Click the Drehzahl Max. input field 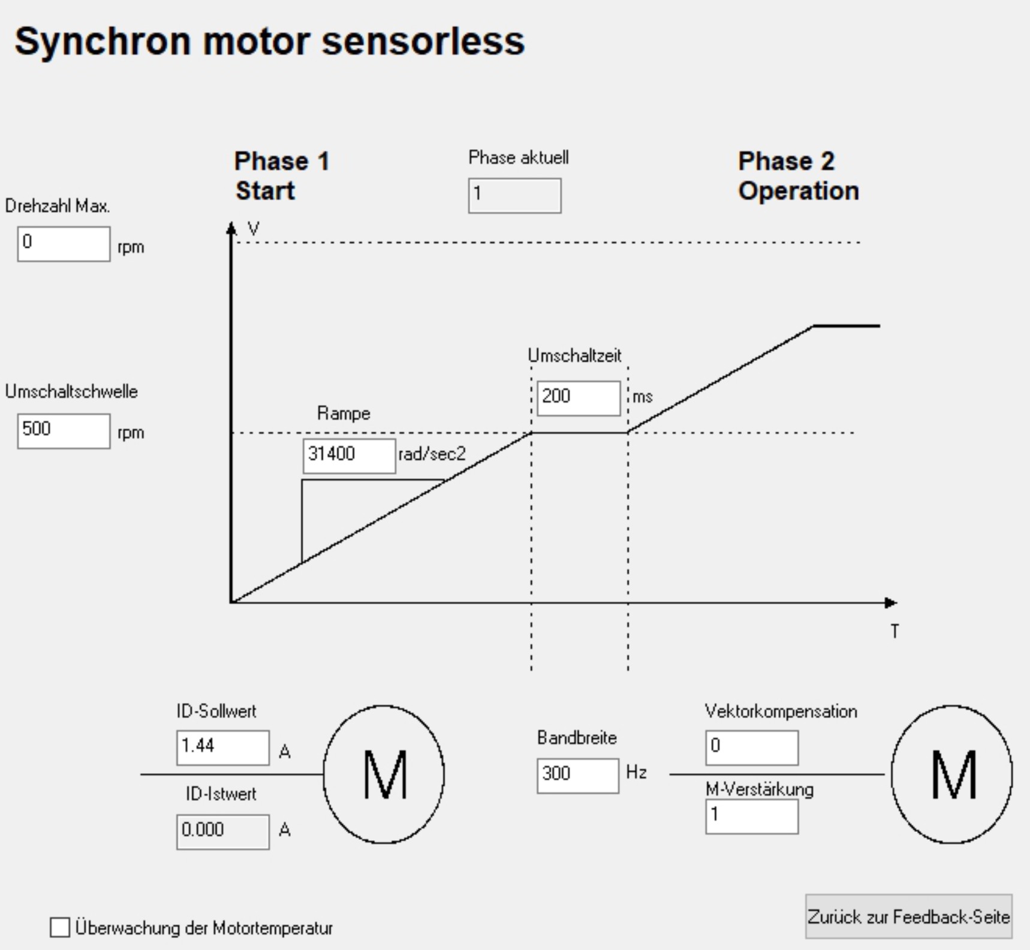(x=64, y=244)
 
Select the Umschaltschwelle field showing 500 (x=64, y=430)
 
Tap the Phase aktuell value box (x=514, y=195)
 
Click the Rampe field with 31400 (x=349, y=456)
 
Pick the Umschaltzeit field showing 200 (x=579, y=398)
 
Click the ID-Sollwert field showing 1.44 (x=222, y=747)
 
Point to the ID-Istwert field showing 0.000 (x=222, y=831)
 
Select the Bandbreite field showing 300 (x=577, y=775)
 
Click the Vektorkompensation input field (x=752, y=747)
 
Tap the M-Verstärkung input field (x=752, y=816)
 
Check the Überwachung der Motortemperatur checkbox (x=60, y=927)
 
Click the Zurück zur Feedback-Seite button (x=908, y=917)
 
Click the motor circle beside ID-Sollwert (x=384, y=774)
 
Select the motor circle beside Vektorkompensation (x=951, y=774)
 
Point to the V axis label (x=254, y=229)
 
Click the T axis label (x=895, y=631)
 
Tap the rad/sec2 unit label (x=432, y=454)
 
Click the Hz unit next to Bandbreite (x=636, y=772)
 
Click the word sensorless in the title (x=423, y=41)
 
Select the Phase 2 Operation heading (x=798, y=176)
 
